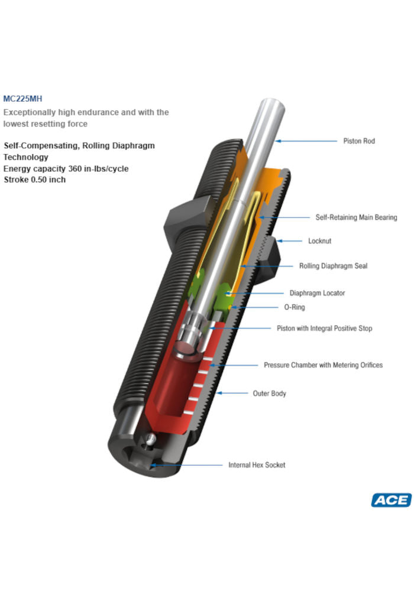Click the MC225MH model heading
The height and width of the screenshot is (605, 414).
(x=23, y=99)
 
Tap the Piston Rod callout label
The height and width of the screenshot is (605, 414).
(x=359, y=141)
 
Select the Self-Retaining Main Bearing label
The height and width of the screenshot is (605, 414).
(x=356, y=217)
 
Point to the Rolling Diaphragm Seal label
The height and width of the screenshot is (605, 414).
(x=333, y=266)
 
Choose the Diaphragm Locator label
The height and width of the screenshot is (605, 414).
(x=317, y=293)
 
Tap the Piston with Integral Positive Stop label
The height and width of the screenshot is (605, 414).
(x=325, y=328)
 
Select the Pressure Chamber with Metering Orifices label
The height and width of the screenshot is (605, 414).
(x=323, y=365)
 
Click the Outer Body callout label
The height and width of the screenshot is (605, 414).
(x=269, y=393)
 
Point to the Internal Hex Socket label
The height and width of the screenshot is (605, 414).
(x=257, y=465)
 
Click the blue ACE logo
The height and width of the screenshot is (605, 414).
(x=391, y=500)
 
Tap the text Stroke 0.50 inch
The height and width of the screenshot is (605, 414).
(x=35, y=180)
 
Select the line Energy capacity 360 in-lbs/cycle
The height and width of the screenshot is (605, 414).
(x=66, y=169)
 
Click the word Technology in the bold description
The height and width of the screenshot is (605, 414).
(x=26, y=157)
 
